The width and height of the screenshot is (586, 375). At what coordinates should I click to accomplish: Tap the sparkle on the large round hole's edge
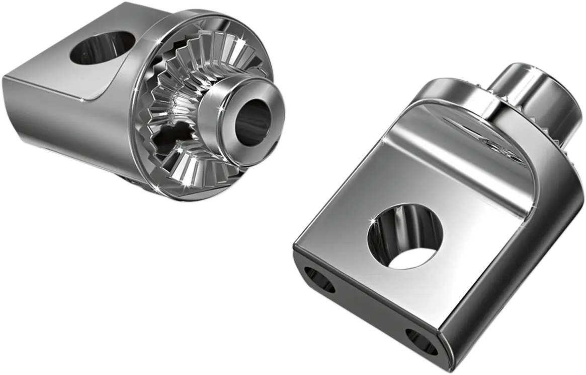point(373,221)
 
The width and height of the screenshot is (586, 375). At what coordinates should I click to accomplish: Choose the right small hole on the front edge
point(422,341)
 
